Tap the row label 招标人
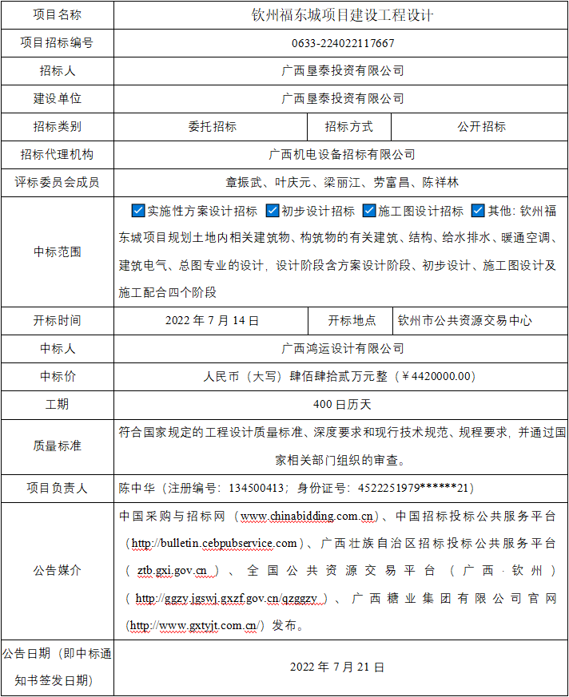58,71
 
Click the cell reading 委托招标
212,127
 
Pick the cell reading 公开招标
481,127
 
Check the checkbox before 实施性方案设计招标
137,212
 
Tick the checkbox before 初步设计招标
272,212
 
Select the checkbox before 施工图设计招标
368,212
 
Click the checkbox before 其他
478,212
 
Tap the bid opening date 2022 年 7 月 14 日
212,321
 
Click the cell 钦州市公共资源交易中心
464,321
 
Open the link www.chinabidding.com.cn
308,517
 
